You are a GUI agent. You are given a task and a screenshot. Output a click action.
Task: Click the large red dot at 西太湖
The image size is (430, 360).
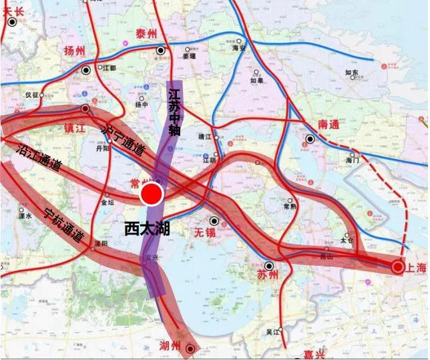(152, 194)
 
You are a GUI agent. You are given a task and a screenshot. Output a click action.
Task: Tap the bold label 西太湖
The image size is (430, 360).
(147, 228)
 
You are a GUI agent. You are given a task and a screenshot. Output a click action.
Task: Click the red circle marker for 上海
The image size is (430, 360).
(397, 267)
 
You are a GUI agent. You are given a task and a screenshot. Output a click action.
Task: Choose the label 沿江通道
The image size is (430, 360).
(37, 156)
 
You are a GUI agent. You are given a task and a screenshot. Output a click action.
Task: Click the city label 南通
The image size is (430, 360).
(329, 125)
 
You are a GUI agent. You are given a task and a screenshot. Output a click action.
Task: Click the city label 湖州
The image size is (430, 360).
(170, 346)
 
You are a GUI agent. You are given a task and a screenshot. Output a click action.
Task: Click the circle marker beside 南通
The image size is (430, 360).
(310, 139)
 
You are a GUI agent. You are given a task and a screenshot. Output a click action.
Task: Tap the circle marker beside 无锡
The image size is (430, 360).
(214, 220)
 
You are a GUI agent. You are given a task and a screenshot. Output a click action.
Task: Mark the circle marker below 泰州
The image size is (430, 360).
(161, 50)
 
